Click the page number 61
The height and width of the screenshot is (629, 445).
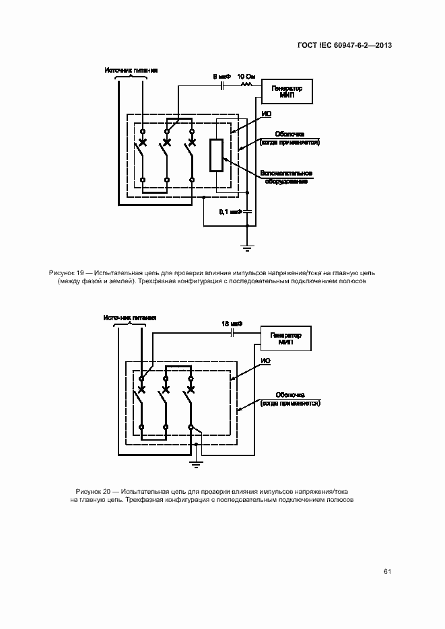(x=387, y=572)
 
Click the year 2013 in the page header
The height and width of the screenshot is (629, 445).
(x=381, y=46)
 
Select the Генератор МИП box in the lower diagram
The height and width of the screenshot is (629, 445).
(x=285, y=338)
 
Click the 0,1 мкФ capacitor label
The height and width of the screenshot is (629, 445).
(x=230, y=211)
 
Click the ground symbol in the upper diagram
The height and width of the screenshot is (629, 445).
(x=247, y=249)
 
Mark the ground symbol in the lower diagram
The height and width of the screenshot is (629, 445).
(x=195, y=464)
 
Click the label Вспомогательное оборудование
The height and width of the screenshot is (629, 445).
(x=285, y=177)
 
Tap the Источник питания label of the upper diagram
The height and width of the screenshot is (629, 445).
(x=131, y=69)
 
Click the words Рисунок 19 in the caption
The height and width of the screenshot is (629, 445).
(x=66, y=272)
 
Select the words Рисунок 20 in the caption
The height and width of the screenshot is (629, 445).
(x=94, y=490)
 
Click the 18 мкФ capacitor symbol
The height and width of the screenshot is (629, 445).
(x=232, y=332)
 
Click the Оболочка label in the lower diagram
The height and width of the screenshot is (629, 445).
(x=291, y=395)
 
